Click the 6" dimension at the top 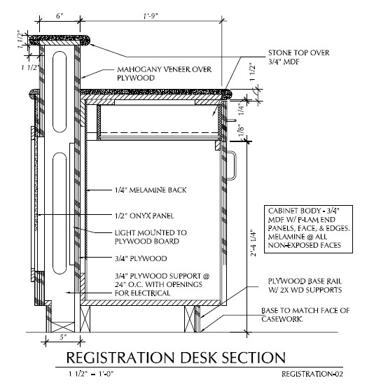[x=60, y=16]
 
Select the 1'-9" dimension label [x=151, y=16]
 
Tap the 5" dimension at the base [x=63, y=337]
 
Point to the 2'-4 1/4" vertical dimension [x=254, y=244]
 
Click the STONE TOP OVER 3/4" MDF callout [x=298, y=57]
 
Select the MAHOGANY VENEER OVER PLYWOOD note [x=165, y=73]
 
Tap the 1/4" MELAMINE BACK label [x=151, y=190]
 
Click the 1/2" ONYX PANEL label [x=144, y=216]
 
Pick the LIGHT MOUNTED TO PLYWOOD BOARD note [x=151, y=237]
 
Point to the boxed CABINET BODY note [x=308, y=229]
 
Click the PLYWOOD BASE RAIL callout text [x=305, y=286]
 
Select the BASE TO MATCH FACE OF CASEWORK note [x=305, y=314]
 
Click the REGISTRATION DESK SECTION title [x=176, y=358]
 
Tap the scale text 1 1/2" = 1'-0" [x=91, y=374]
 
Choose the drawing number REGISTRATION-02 [x=312, y=374]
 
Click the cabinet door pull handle [x=232, y=165]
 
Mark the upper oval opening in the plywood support [x=60, y=92]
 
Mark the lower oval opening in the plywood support [x=60, y=213]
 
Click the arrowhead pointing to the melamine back [x=88, y=190]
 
